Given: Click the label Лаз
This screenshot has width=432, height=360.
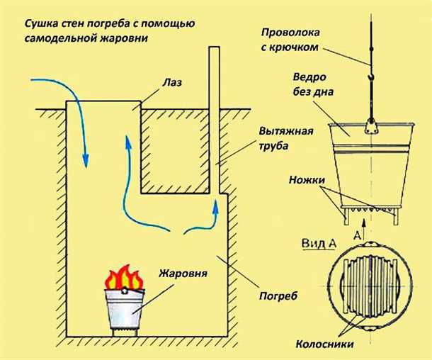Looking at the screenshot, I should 172,82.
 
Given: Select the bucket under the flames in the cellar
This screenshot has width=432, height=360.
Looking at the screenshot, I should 125,308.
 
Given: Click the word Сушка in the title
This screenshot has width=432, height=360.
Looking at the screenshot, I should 42,26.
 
